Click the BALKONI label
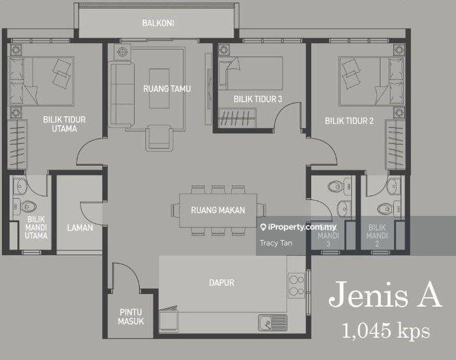pyautogui.click(x=158, y=23)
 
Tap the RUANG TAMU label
pyautogui.click(x=167, y=89)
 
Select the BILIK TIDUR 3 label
pyautogui.click(x=258, y=99)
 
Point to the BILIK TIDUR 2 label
pyautogui.click(x=349, y=121)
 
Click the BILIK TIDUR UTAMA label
pyautogui.click(x=64, y=124)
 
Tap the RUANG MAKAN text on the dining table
pyautogui.click(x=218, y=210)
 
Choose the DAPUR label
pyautogui.click(x=222, y=283)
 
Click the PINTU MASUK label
pyautogui.click(x=131, y=317)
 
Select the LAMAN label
pyautogui.click(x=80, y=228)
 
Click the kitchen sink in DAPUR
pyautogui.click(x=272, y=322)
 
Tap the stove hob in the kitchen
pyautogui.click(x=296, y=285)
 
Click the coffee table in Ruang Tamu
pyautogui.click(x=159, y=88)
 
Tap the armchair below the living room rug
pyautogui.click(x=159, y=138)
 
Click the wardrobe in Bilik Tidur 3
pyautogui.click(x=237, y=118)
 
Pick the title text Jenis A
pyautogui.click(x=386, y=295)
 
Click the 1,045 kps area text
pyautogui.click(x=386, y=331)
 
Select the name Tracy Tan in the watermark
pyautogui.click(x=276, y=243)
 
